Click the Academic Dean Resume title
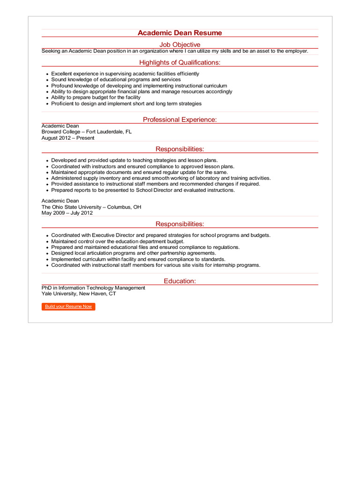click(x=180, y=33)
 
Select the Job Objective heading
click(x=180, y=45)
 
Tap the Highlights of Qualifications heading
click(x=180, y=62)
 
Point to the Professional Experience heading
click(x=180, y=120)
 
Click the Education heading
click(x=180, y=281)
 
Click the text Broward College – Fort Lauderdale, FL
click(x=87, y=132)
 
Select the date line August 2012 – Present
click(x=68, y=138)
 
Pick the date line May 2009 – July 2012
click(x=67, y=213)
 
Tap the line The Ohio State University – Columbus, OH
click(x=91, y=207)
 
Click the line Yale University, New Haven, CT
click(x=79, y=294)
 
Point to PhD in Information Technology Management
click(x=93, y=288)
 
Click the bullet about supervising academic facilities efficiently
click(x=125, y=74)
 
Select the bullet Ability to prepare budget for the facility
click(x=96, y=97)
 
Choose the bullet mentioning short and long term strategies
click(x=126, y=104)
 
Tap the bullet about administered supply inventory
click(x=161, y=178)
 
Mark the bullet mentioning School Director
click(x=143, y=190)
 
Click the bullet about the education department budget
click(x=118, y=241)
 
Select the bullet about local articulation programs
click(x=134, y=253)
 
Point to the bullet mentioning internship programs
click(x=156, y=265)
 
